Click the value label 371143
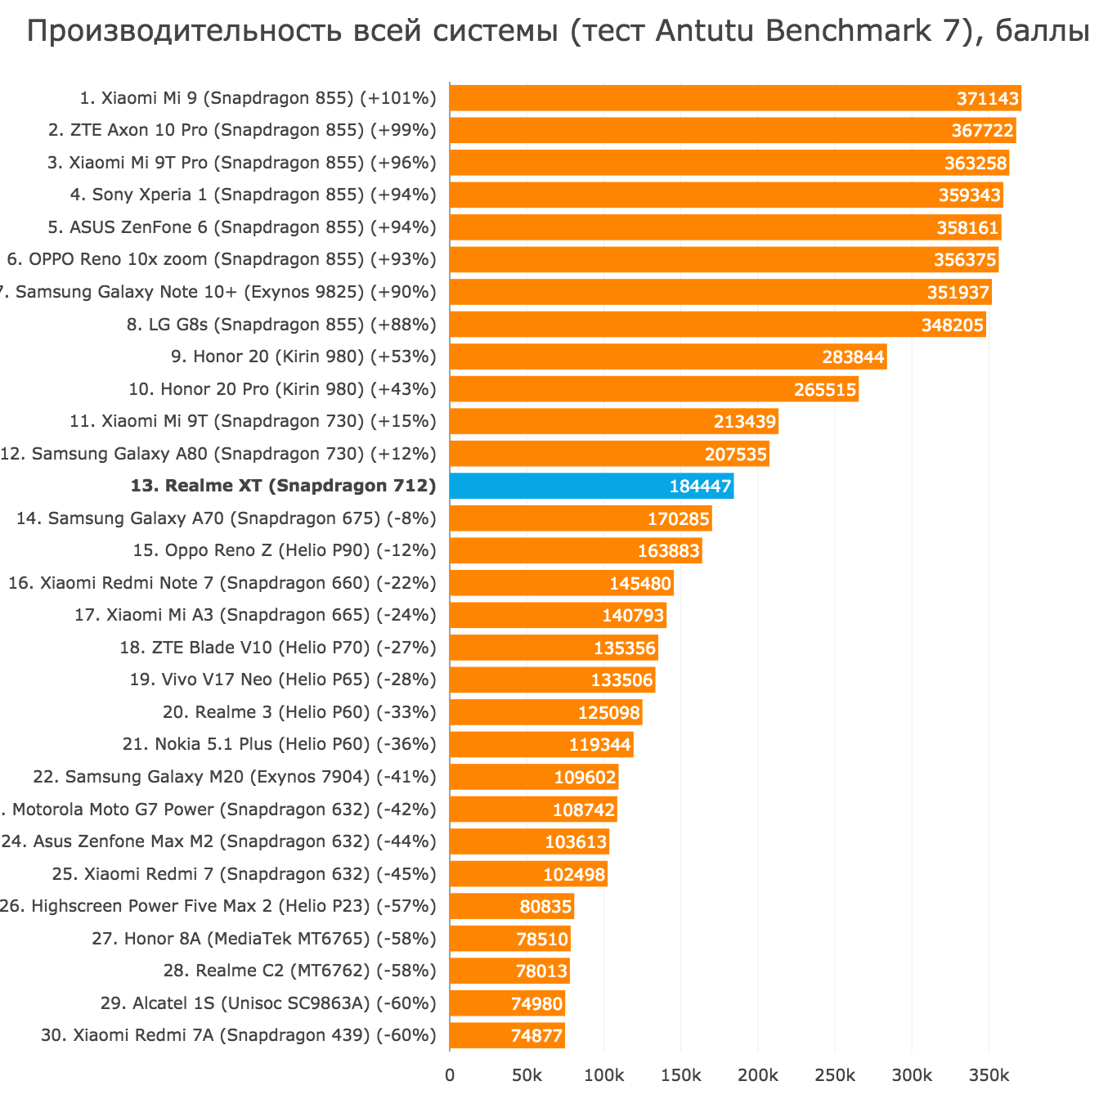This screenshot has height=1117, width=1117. [988, 99]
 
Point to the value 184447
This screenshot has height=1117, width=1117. [700, 487]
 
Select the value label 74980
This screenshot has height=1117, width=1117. [536, 1003]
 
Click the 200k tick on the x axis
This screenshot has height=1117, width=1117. [757, 1075]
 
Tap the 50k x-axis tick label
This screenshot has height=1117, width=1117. [527, 1075]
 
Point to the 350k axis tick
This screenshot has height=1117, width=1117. [988, 1075]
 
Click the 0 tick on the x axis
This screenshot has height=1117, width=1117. [450, 1075]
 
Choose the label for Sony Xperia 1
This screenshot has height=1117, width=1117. [253, 195]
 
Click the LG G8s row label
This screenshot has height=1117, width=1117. [281, 325]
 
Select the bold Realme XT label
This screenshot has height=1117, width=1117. [283, 486]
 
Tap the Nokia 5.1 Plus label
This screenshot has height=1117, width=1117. [279, 744]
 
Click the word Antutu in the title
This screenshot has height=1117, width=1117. [705, 31]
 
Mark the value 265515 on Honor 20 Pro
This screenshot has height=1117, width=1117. [825, 390]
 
